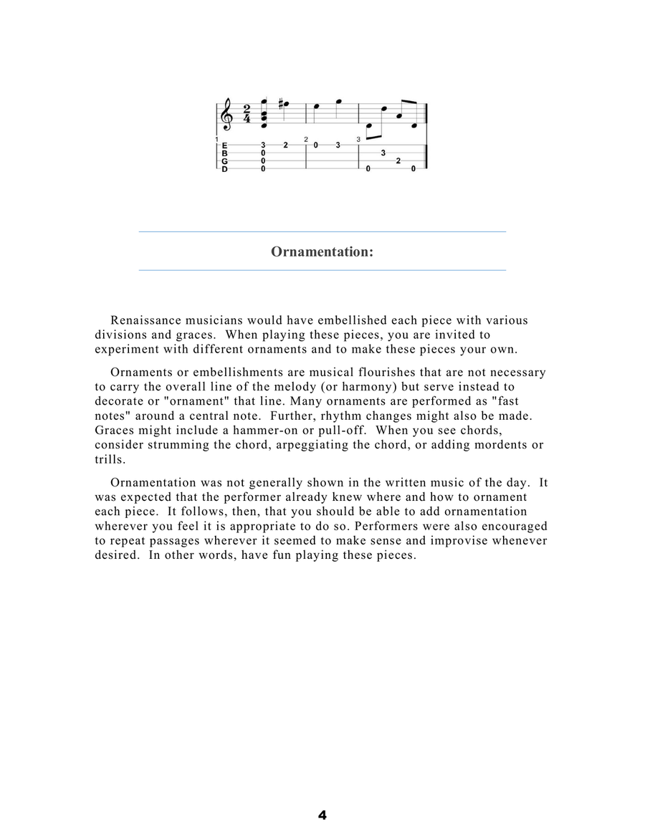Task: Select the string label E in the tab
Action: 225,145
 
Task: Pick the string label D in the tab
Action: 225,169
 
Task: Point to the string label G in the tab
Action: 225,161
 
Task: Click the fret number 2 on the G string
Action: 398,161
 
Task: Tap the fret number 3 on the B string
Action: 383,153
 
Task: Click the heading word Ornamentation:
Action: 322,251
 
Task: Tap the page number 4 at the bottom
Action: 322,815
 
